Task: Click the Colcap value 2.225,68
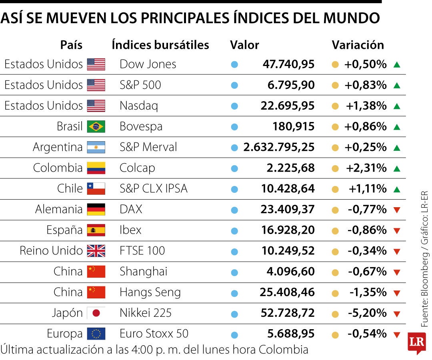[290, 168]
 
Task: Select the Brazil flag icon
[96, 126]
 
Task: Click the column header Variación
[358, 45]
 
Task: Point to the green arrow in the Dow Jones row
[396, 64]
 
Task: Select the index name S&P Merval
[148, 147]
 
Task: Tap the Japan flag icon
[96, 313]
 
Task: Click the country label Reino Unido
[51, 251]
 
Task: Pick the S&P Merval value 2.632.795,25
[279, 147]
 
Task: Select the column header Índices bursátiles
[160, 45]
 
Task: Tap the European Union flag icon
[96, 334]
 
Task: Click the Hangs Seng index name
[150, 292]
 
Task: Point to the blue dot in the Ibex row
[234, 231]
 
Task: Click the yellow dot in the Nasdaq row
[335, 106]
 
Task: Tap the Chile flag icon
[96, 188]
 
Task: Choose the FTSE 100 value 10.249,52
[288, 251]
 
